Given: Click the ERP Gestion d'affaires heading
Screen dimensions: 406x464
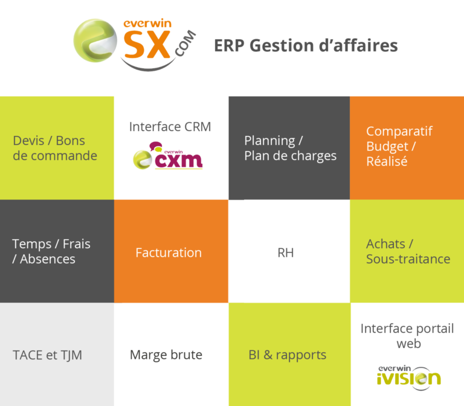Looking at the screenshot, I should tap(306, 47).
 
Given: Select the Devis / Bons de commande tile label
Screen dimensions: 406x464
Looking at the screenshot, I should tap(55, 148).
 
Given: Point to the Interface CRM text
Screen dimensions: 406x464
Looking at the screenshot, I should tap(170, 127).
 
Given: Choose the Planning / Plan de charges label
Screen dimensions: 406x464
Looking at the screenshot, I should tap(290, 148).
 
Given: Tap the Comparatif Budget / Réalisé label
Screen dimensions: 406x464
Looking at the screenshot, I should tap(399, 146).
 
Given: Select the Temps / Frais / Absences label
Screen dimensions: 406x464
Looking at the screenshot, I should tap(51, 251).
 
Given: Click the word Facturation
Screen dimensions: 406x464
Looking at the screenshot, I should tap(169, 253).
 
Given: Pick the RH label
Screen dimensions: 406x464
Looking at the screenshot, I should tap(285, 253).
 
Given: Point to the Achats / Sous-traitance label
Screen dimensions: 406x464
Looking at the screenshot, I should tap(408, 251).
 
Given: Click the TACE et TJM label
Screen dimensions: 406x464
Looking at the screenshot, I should tap(47, 355).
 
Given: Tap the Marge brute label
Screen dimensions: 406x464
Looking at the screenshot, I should tap(166, 355).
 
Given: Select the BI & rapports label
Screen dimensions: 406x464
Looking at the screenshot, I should tap(288, 355).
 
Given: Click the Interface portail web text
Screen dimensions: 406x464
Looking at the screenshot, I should tap(406, 336).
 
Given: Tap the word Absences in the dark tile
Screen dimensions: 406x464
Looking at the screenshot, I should tap(48, 259).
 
